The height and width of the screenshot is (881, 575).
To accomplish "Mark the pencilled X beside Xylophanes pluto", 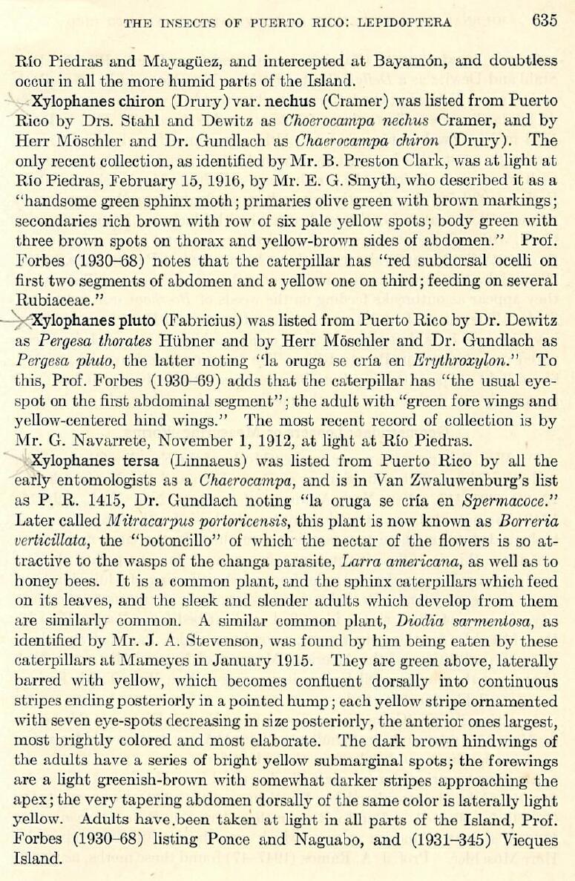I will click(19, 320).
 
